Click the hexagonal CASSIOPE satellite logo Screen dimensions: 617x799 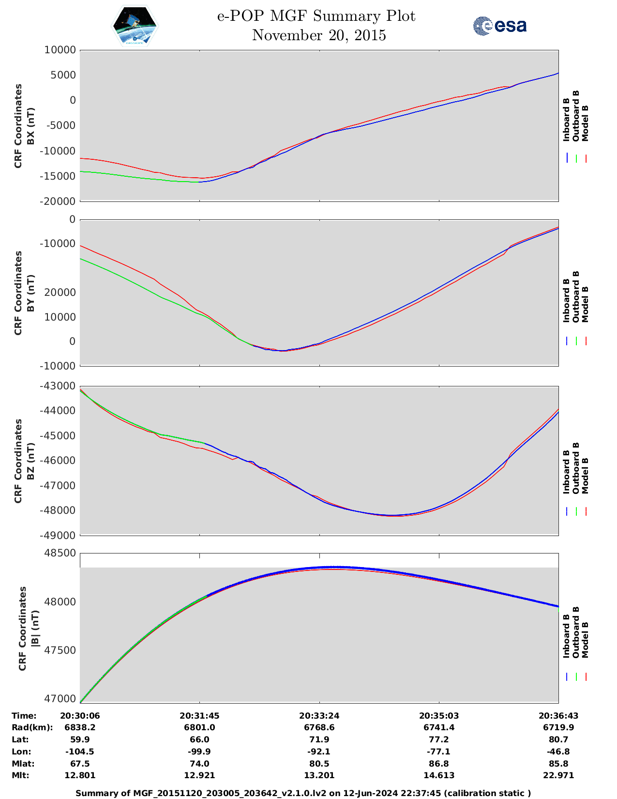tap(135, 26)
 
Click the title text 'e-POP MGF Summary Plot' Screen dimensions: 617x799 tap(316, 16)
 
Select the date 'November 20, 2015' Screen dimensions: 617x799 tap(319, 35)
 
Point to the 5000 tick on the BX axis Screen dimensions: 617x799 tap(63, 75)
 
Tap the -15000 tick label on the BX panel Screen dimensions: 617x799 tap(58, 176)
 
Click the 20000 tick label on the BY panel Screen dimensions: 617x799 tap(60, 292)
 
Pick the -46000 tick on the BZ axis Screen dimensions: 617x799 tap(58, 461)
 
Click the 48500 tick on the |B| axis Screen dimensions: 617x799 tap(60, 553)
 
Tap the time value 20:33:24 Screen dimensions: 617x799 tap(319, 716)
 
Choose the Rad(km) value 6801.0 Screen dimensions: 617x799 tap(199, 727)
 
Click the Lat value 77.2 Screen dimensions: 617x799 tap(439, 739)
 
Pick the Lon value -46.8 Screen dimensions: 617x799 tap(558, 752)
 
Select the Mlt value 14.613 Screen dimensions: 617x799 tap(439, 775)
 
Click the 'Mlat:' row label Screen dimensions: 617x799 tap(23, 764)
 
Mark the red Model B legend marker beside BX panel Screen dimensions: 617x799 tap(586, 158)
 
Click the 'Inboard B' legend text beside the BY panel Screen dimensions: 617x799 tap(566, 300)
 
